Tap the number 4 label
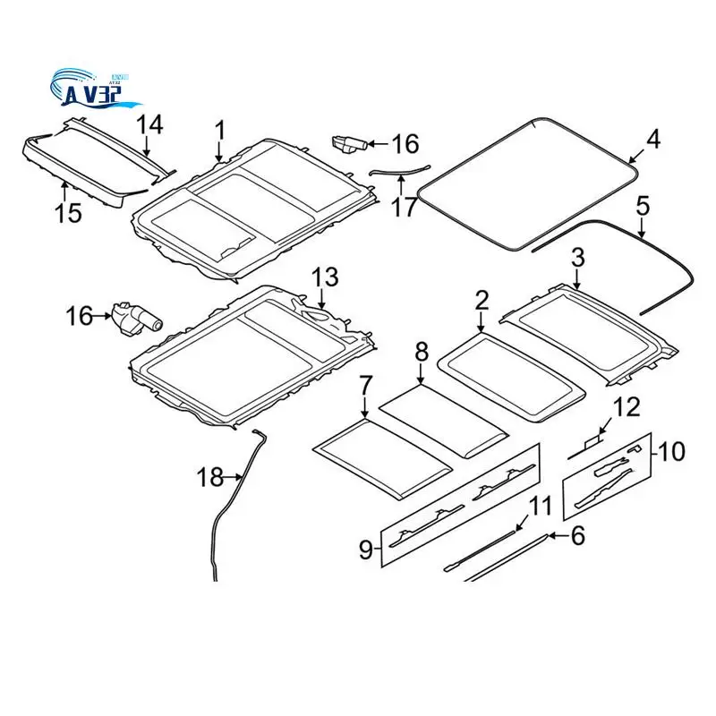653,139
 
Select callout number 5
642,204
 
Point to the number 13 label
326,277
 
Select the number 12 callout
626,407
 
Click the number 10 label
671,450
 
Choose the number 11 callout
540,506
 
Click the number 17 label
404,207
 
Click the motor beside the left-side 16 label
132,317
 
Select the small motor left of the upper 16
349,144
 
